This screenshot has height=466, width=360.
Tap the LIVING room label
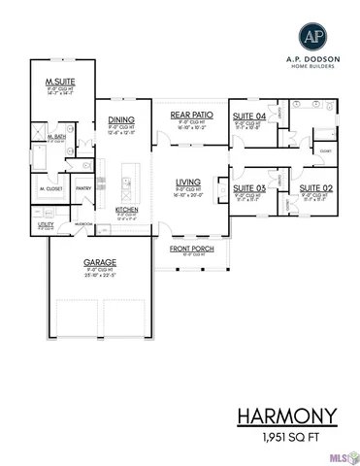click(x=187, y=182)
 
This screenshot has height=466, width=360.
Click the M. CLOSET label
click(x=50, y=188)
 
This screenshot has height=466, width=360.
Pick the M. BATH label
click(x=56, y=139)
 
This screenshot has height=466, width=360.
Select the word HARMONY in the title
click(x=287, y=417)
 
